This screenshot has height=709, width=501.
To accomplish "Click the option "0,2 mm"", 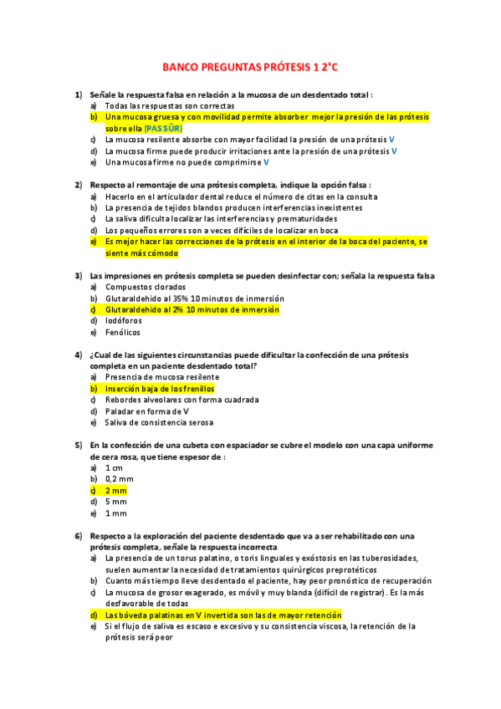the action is click(119, 479).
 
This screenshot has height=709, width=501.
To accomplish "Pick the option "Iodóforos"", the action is click(123, 320).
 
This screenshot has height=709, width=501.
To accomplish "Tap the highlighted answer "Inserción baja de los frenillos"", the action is click(160, 389).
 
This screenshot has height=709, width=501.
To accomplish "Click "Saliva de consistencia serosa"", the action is click(159, 422).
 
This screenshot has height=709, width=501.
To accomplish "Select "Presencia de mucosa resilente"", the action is click(161, 377).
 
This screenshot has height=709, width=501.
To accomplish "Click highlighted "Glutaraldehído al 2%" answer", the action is click(192, 309).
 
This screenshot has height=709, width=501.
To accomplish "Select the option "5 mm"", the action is click(115, 502).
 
